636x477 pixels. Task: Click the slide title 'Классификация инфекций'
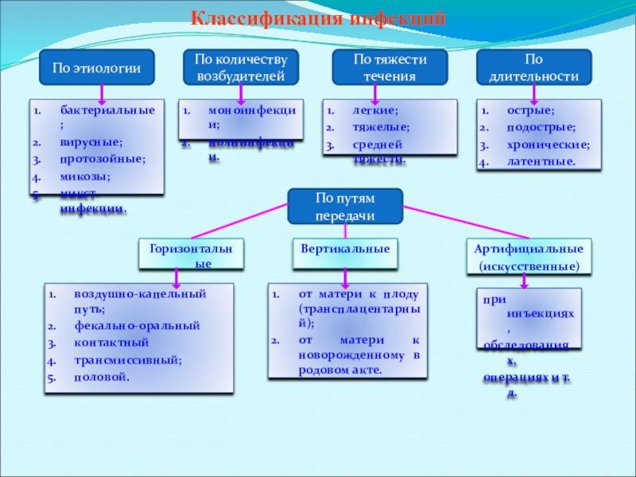(316, 18)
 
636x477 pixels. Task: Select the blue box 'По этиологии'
(96, 69)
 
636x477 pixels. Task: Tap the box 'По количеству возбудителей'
(240, 68)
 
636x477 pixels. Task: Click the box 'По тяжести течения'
(390, 68)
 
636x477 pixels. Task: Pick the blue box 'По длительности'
(533, 68)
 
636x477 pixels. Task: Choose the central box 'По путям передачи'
(345, 207)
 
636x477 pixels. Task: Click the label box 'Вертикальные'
(344, 249)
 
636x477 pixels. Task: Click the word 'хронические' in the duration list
(549, 145)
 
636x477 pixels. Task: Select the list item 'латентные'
(541, 161)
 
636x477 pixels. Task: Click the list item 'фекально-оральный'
(137, 326)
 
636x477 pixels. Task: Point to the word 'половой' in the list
(101, 376)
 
